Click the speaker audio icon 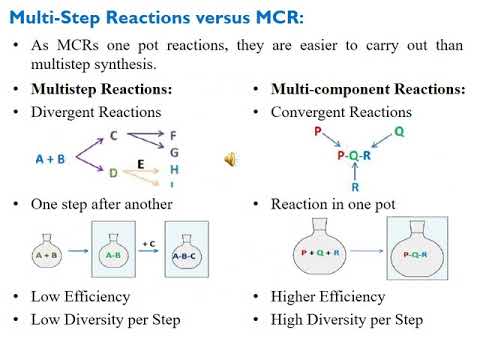point(230,160)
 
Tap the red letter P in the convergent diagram point(318,130)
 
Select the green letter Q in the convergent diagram point(399,130)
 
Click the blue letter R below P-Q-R point(355,186)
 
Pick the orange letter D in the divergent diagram point(113,173)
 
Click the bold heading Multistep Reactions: point(101,89)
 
